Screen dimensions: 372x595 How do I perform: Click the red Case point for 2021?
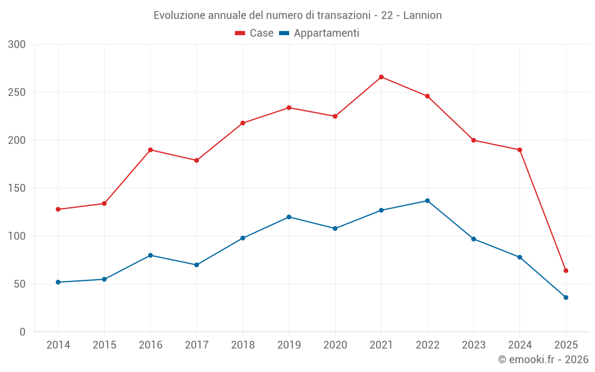[x=381, y=77]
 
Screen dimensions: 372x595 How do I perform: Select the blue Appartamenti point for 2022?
[x=427, y=201]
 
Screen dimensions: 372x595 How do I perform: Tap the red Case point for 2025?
[x=566, y=271]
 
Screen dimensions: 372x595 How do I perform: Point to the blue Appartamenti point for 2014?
[x=58, y=282]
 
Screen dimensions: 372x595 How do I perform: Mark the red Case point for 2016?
[x=151, y=150]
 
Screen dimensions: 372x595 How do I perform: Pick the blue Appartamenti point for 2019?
[x=289, y=217]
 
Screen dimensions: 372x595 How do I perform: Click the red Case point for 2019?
[x=289, y=108]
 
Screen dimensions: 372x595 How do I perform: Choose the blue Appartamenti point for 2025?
[x=566, y=298]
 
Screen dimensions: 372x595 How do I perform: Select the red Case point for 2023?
[x=474, y=140]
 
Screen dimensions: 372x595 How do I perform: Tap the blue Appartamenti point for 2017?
[x=196, y=265]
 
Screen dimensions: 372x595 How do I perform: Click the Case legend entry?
[x=255, y=33]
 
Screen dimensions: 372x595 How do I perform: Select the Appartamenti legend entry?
[x=320, y=33]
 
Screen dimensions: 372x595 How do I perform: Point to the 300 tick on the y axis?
[x=17, y=45]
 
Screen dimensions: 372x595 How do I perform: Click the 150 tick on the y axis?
[x=17, y=188]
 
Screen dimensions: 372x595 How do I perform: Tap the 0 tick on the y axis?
[x=22, y=332]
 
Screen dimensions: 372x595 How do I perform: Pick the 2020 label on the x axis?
[x=335, y=345]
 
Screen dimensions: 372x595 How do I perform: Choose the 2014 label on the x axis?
[x=58, y=345]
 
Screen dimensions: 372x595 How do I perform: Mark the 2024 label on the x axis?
[x=519, y=345]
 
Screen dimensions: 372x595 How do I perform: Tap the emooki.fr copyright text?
[x=543, y=360]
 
